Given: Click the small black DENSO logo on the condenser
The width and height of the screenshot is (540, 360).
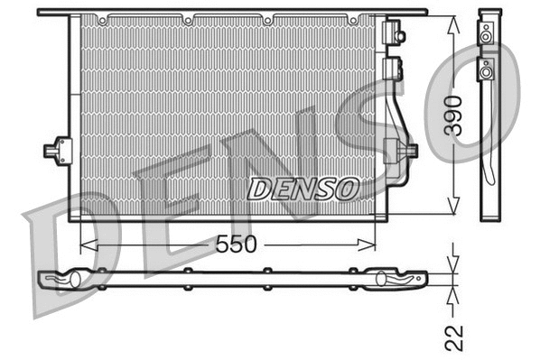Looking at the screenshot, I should pyautogui.click(x=303, y=189).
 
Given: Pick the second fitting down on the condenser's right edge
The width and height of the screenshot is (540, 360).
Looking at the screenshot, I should pyautogui.click(x=393, y=67).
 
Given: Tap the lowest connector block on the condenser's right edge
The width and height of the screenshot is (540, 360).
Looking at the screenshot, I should pyautogui.click(x=397, y=151).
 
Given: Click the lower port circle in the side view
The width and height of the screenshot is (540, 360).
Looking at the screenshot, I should pyautogui.click(x=486, y=69).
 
